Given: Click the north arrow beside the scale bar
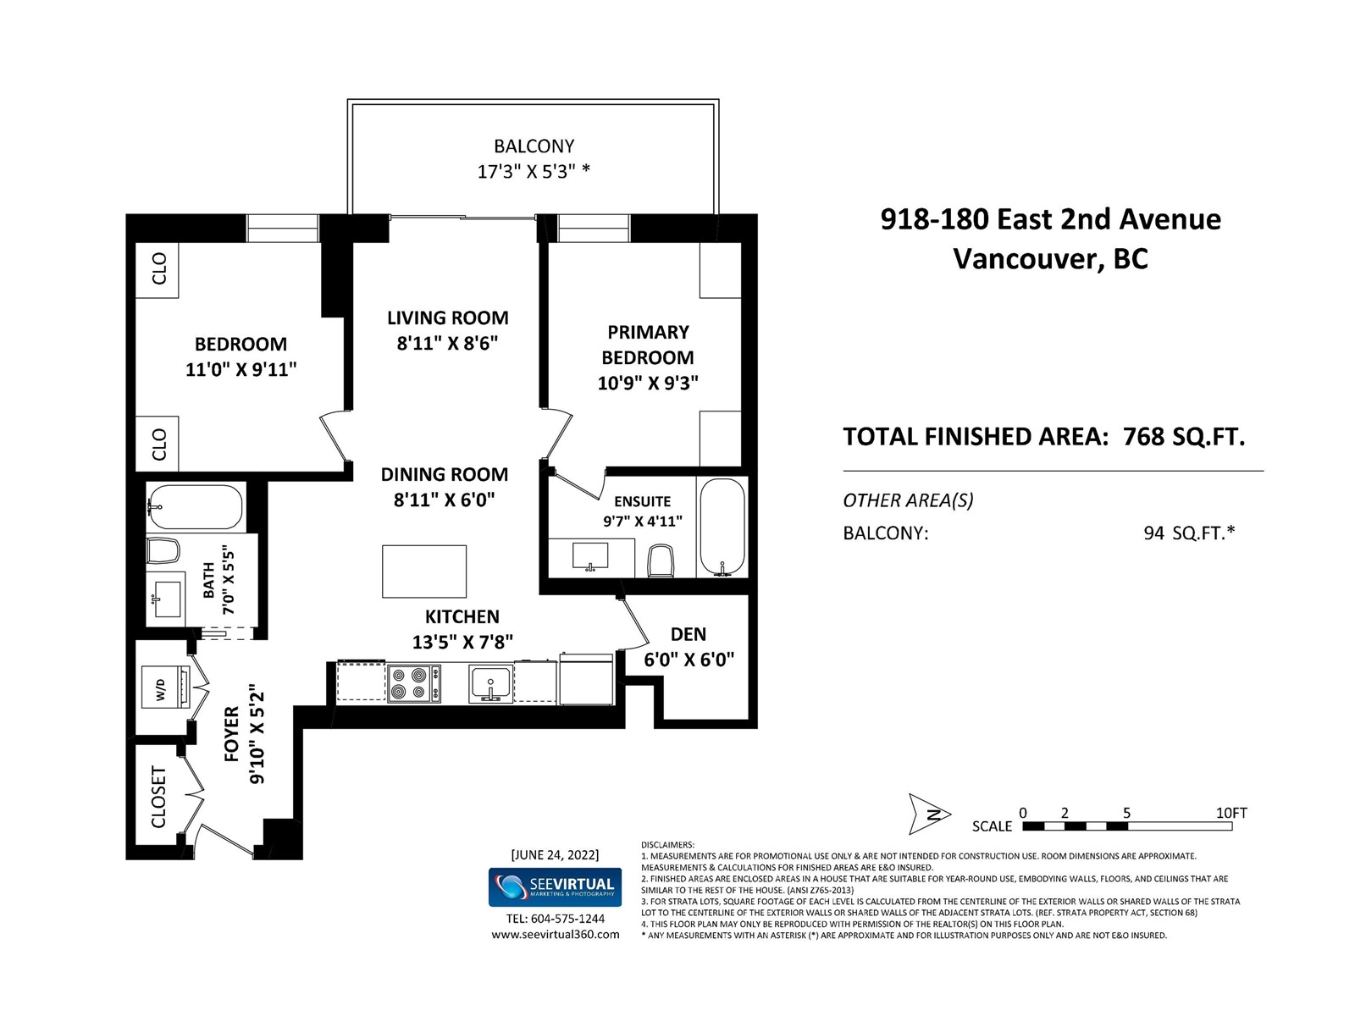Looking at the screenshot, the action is point(928,814).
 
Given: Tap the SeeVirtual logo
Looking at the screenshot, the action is point(555,887).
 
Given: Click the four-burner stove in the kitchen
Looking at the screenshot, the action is point(414,683).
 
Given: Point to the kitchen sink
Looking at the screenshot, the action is point(490,683).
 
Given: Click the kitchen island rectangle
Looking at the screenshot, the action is point(424,571).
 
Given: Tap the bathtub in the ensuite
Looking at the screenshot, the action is point(723,527).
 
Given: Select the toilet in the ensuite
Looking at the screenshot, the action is point(661,560).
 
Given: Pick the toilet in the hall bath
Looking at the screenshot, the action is point(163,550).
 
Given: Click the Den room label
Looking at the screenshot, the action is point(689,634).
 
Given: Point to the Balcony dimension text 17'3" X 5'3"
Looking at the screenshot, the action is point(534,172).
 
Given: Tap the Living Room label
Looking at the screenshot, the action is point(447,317).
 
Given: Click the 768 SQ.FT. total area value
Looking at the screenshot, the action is point(1184,437).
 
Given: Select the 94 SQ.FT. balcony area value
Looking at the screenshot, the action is point(1189,533).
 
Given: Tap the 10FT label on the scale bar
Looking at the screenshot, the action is point(1231,813).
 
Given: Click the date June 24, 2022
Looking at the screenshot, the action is point(555,855).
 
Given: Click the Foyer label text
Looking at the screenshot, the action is point(231,734).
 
